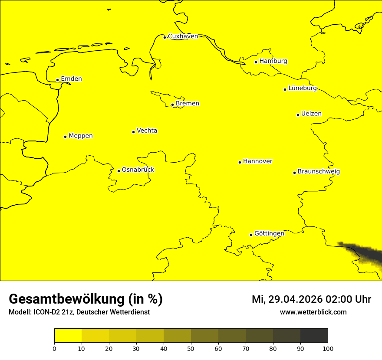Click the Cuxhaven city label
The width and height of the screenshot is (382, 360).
point(183,36)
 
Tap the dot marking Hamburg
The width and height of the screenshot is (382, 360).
point(256,62)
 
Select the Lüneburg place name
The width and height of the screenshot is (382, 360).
point(303,88)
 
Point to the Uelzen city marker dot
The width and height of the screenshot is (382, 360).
point(298,115)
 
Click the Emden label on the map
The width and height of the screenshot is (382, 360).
point(71,79)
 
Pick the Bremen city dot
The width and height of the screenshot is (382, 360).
point(172,105)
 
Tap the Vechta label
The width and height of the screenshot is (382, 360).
point(147,131)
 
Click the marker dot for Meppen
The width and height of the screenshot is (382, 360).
point(65,137)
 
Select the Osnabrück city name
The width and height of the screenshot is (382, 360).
point(138,170)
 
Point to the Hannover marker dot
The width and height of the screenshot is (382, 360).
point(240,162)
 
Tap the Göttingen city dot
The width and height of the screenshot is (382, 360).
point(251,235)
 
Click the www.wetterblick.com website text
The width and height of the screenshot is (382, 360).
point(313,312)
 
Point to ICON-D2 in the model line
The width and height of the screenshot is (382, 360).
point(47,312)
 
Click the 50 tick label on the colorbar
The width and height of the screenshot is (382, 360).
point(191,349)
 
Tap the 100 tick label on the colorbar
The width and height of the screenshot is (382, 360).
point(328,349)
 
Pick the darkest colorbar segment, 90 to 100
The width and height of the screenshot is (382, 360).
point(314,335)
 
